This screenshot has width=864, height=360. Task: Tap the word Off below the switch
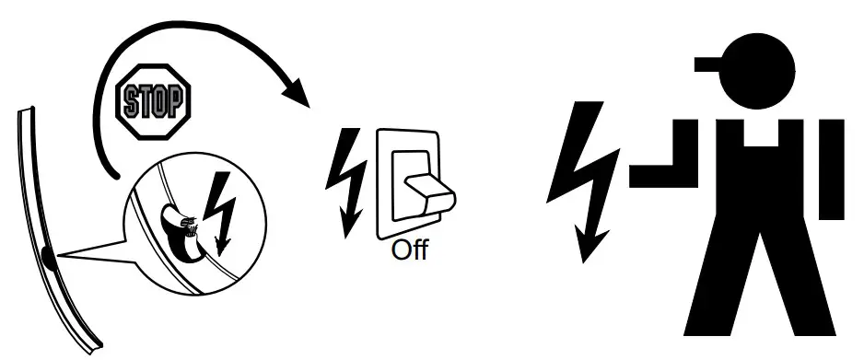point(410,250)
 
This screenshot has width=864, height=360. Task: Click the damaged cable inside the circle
point(180,226)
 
